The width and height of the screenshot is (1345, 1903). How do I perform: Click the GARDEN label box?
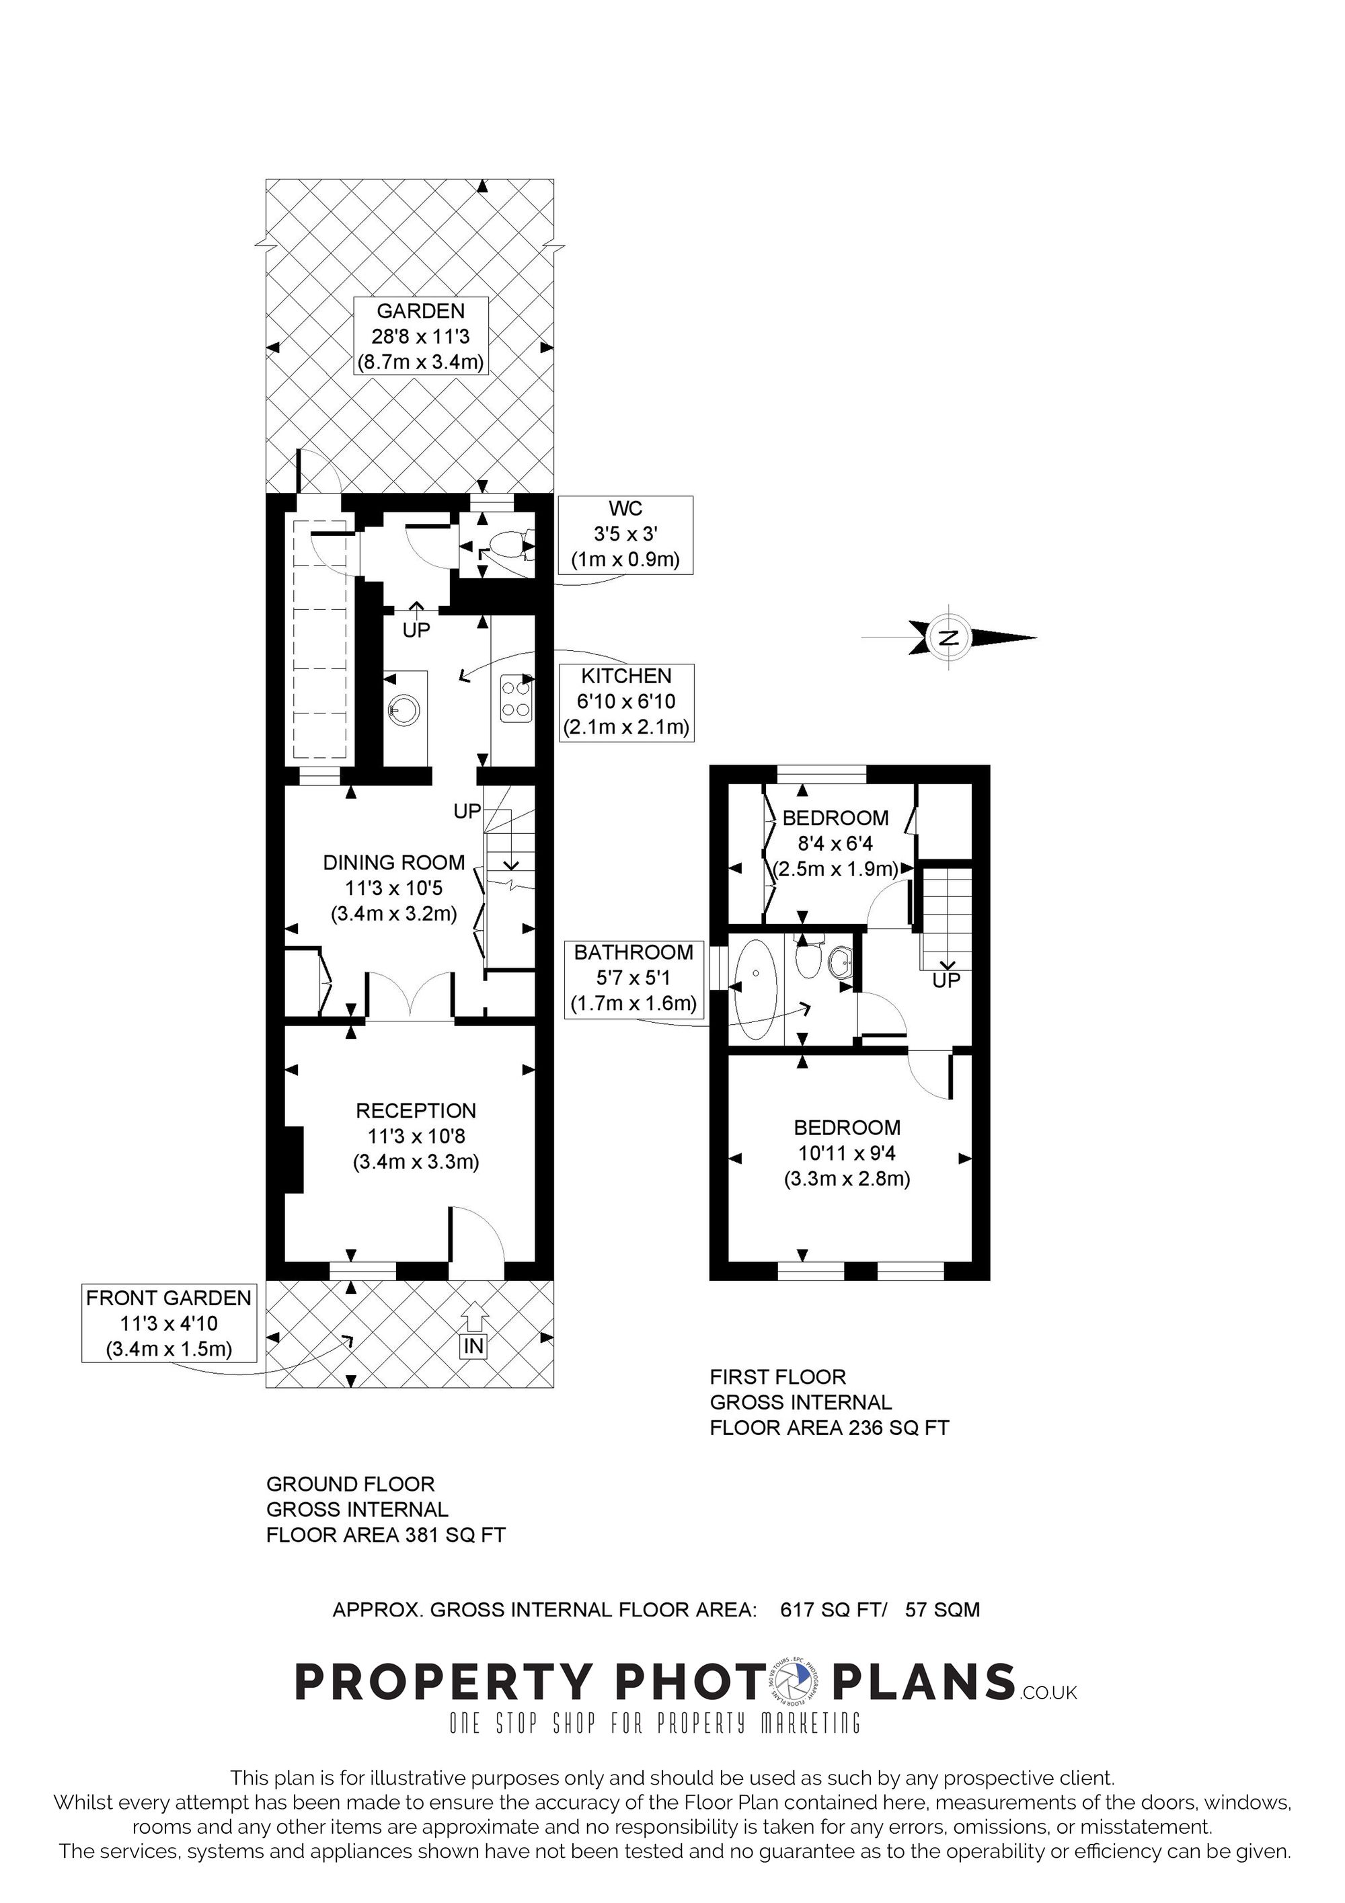[420, 336]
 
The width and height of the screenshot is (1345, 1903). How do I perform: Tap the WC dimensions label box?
[625, 535]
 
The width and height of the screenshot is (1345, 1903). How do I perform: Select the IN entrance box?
[473, 1346]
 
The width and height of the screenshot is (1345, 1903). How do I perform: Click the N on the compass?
[950, 637]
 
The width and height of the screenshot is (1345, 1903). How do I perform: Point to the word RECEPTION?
[416, 1111]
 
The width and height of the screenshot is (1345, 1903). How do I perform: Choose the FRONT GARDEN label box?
[169, 1323]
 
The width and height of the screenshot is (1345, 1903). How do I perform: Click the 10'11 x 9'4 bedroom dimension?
[847, 1153]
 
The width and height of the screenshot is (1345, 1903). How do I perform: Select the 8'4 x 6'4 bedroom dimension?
[835, 844]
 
